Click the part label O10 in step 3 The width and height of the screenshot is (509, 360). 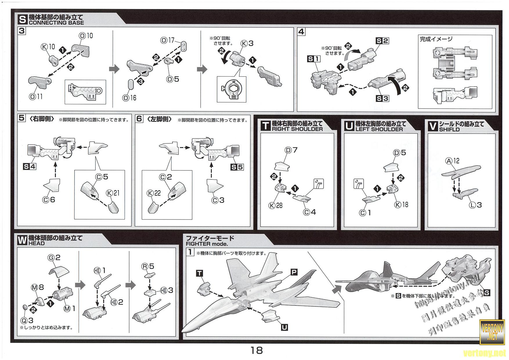tap(86, 36)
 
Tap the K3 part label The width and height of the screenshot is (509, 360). tap(248, 43)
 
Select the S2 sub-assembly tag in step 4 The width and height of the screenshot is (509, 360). tap(382, 41)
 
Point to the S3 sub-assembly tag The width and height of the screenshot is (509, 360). tap(382, 98)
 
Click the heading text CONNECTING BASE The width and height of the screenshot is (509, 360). tap(56, 23)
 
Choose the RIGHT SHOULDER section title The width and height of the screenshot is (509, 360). tap(297, 129)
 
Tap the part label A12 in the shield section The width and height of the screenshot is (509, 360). tap(453, 161)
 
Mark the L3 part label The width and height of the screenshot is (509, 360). tap(476, 205)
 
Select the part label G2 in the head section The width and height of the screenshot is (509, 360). tap(54, 257)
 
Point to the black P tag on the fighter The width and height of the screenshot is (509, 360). tap(294, 272)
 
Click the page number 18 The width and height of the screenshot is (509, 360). tap(257, 350)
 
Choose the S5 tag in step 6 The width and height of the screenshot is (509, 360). tap(237, 167)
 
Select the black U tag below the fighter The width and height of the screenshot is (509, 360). tap(285, 327)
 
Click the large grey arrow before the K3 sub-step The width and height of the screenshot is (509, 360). tap(202, 69)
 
